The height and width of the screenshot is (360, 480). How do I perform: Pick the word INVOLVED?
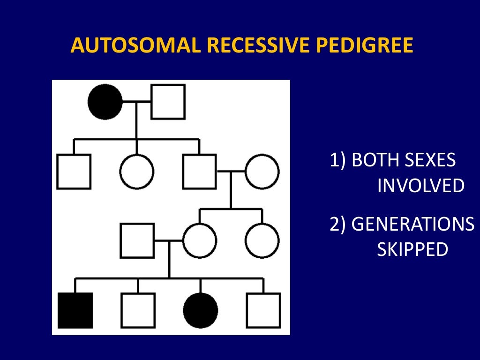point(421,186)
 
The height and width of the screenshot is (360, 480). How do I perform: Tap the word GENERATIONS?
point(413,224)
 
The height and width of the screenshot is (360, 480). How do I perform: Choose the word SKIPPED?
point(412,250)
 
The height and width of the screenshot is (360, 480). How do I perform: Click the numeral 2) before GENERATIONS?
point(338,224)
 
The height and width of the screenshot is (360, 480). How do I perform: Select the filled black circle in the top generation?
point(105,102)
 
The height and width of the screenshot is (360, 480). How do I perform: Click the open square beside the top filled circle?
point(168,102)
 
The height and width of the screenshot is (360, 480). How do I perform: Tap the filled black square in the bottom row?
point(75,310)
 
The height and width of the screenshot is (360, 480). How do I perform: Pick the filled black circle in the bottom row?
point(201,310)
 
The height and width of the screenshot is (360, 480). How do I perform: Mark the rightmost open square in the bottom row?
point(263,310)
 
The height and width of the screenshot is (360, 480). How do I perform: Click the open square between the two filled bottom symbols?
point(138,310)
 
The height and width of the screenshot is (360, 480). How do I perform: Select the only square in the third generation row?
point(137,241)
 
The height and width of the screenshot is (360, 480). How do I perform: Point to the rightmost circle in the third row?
point(262,241)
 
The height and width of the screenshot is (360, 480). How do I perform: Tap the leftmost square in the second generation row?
point(74,172)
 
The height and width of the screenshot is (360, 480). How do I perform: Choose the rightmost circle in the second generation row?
point(262,172)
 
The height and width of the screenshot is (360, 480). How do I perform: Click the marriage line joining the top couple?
point(136,102)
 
